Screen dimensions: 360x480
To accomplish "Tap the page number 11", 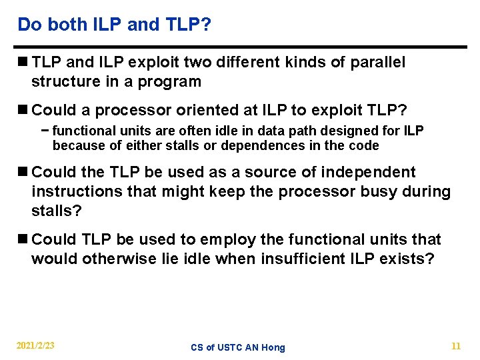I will click(x=456, y=346).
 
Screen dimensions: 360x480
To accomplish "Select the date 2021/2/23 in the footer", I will click(x=36, y=346).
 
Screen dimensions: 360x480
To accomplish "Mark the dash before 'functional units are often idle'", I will click(x=45, y=131).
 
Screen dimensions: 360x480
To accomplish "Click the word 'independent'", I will click(x=368, y=172).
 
